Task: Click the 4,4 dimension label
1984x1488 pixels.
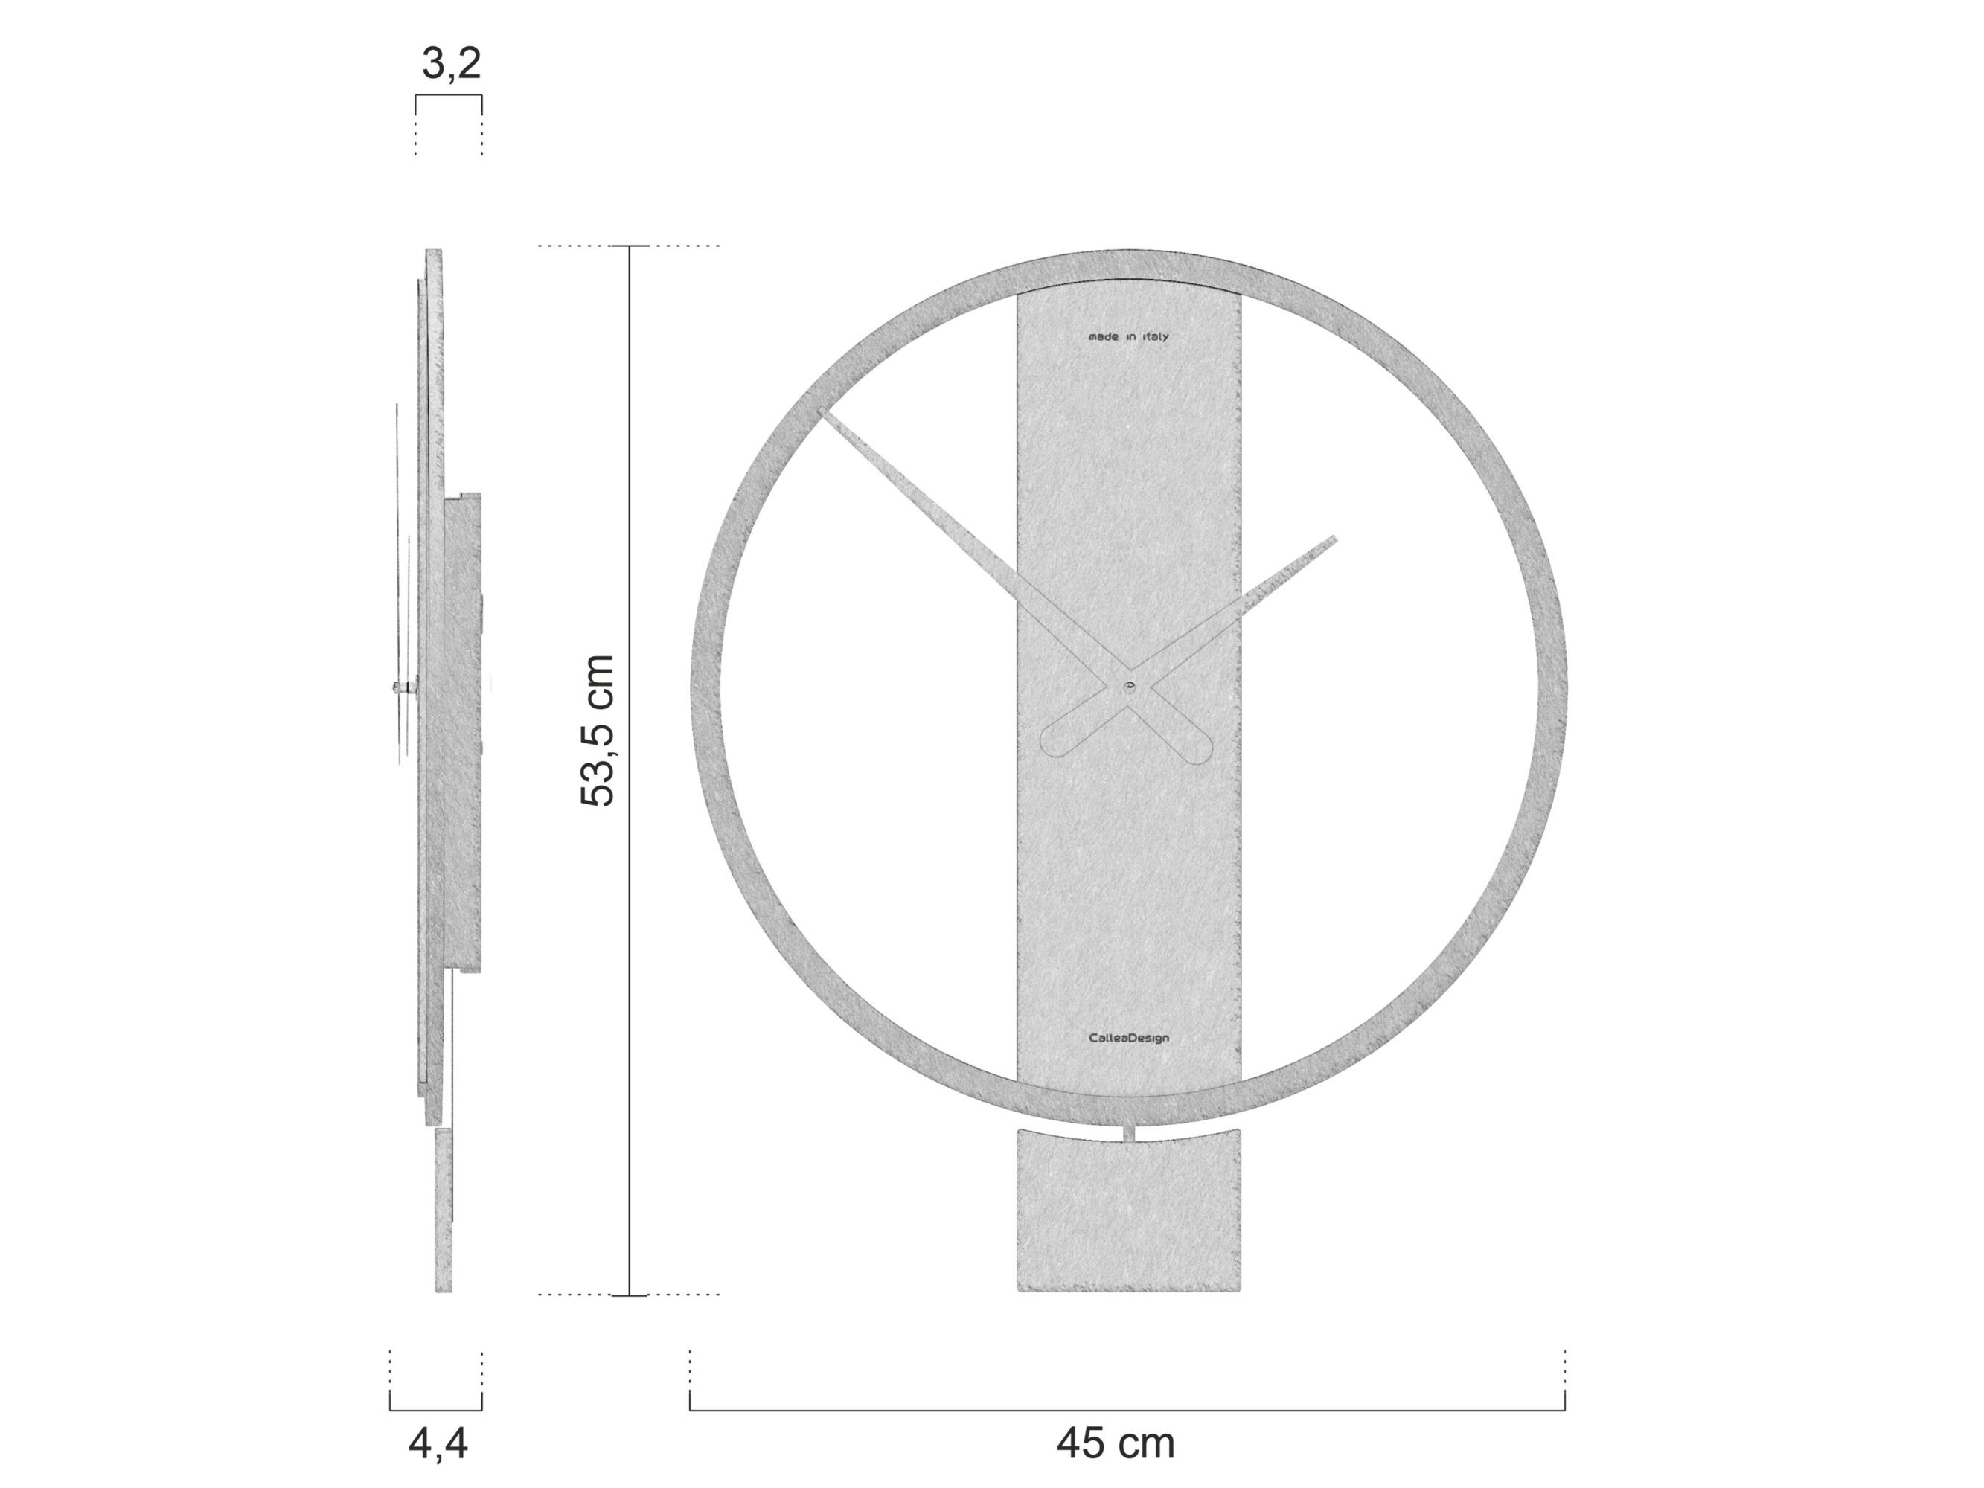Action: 438,1443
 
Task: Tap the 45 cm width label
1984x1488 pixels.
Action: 1115,1443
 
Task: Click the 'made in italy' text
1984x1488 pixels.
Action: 1128,337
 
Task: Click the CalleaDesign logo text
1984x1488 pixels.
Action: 1128,1039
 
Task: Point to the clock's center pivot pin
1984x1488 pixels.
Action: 1128,687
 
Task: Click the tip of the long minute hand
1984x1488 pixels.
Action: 823,413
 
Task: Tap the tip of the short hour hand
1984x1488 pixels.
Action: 1333,540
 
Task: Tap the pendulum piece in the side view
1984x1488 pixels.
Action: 443,1210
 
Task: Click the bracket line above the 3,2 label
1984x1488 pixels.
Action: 449,95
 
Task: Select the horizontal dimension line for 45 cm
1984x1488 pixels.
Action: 1127,1410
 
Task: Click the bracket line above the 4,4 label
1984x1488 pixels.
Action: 435,1410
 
